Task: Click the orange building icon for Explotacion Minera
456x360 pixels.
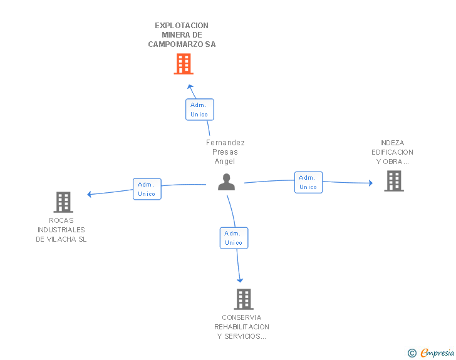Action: point(184,64)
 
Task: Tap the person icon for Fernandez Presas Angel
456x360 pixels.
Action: point(226,182)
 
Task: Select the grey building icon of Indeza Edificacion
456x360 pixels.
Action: point(393,181)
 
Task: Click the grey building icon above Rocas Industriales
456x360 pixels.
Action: point(63,202)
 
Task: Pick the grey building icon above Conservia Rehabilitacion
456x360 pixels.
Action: point(244,299)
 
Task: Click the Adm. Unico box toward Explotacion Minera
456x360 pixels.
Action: point(200,110)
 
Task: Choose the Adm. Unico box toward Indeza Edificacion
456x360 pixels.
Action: point(308,182)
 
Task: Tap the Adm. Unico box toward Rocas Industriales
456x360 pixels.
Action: point(147,189)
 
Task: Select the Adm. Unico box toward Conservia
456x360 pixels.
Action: point(234,238)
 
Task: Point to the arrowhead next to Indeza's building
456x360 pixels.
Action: point(370,183)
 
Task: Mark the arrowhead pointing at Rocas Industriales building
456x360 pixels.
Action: point(90,194)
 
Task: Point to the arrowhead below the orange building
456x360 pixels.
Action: point(190,86)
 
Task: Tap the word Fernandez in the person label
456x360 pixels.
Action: point(225,143)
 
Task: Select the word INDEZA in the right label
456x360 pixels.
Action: point(392,143)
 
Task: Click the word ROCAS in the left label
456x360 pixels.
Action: point(61,220)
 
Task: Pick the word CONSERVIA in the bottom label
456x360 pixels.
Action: point(241,317)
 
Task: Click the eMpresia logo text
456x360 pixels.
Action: point(437,353)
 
